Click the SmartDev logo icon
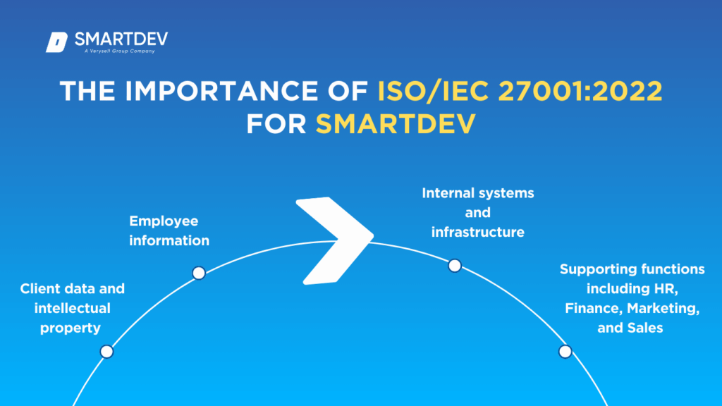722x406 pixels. pos(56,42)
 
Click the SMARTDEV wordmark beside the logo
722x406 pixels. pos(121,39)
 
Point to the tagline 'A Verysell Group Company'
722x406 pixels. pos(120,51)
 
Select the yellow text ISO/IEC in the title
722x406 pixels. pos(433,90)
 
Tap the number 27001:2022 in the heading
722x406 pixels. pos(581,90)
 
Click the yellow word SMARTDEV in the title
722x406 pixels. pos(396,124)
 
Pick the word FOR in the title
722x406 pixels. pos(276,124)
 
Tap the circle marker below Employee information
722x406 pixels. pos(199,273)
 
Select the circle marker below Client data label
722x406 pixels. pos(107,352)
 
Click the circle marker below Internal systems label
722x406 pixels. pos(455,266)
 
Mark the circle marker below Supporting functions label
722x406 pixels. pos(565,352)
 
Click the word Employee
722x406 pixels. pos(164,221)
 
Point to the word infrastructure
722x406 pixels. pos(477,232)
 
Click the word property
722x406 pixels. pos(71,328)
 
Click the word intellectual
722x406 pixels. pos(73,308)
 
